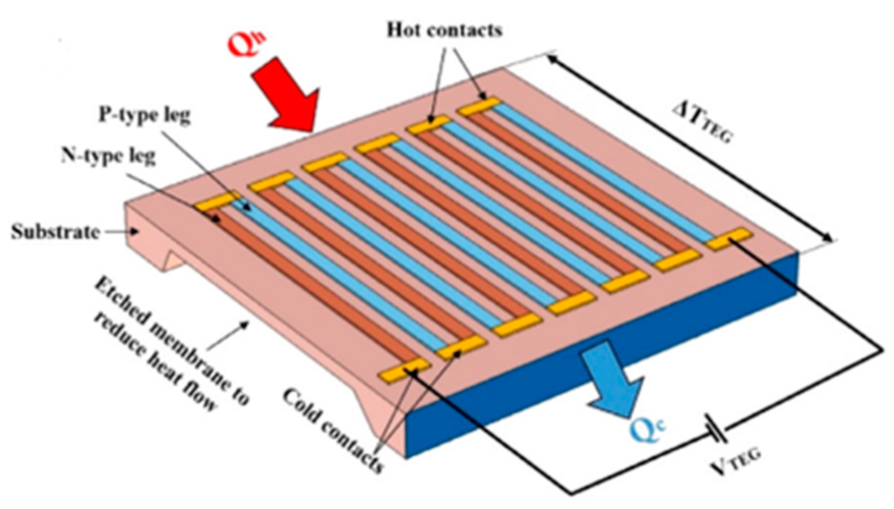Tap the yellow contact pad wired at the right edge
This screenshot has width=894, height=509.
coord(728,239)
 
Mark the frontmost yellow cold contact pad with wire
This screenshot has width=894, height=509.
coord(404,370)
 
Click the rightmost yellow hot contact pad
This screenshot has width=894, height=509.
coord(479,107)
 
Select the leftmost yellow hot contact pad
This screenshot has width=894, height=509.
coord(215,202)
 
